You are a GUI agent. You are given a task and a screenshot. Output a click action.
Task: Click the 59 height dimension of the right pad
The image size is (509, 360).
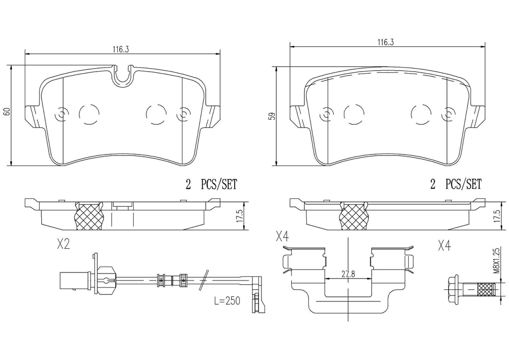click(x=273, y=116)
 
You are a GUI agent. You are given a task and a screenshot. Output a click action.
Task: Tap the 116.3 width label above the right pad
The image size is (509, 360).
click(x=386, y=42)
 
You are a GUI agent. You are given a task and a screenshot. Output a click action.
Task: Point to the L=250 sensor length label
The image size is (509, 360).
click(x=227, y=301)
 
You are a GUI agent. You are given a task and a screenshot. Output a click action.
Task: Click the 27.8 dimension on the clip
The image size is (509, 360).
click(x=347, y=274)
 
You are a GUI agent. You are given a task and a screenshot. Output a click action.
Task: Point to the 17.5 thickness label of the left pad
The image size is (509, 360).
click(x=240, y=216)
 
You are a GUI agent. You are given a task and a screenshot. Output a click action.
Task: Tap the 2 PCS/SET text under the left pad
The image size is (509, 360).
click(x=211, y=184)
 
